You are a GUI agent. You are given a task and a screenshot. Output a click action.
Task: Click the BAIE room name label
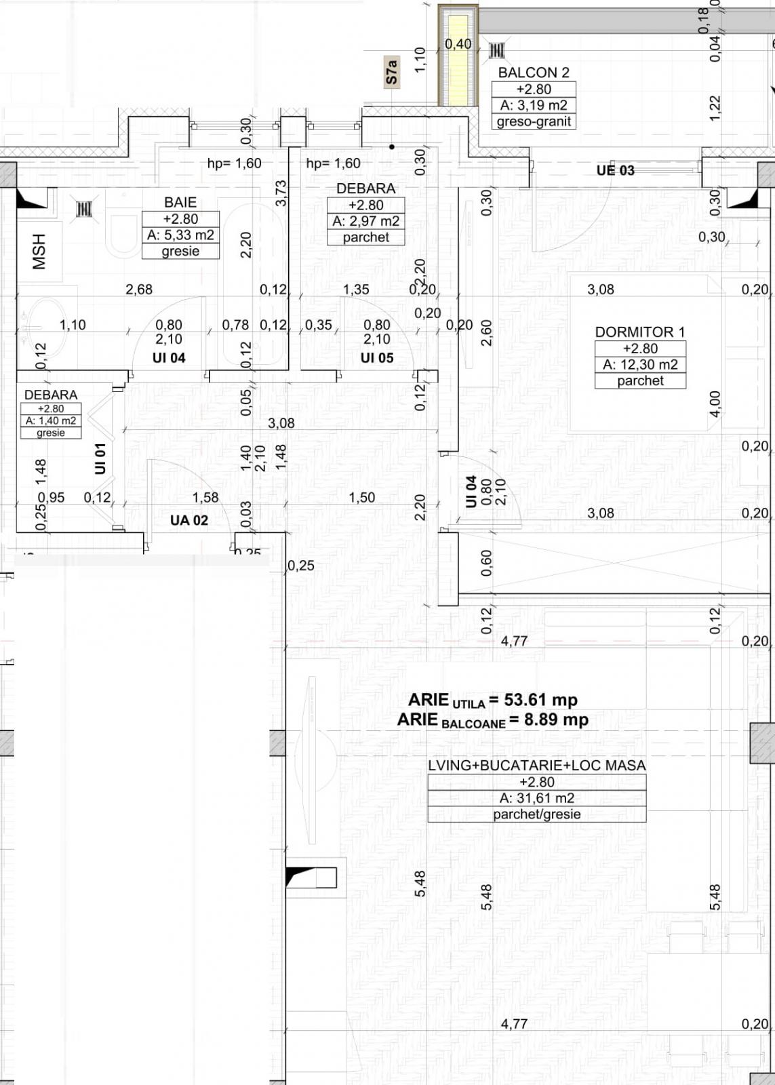coord(180,202)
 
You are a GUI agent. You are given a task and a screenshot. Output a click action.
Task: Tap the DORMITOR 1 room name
coord(640,332)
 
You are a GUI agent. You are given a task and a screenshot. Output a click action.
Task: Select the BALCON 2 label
coord(534,73)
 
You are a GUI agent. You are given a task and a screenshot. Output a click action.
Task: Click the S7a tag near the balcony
coord(391,71)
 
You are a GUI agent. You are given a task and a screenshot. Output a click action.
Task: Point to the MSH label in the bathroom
coord(39,252)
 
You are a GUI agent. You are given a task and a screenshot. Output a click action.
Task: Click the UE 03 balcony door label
coord(615,170)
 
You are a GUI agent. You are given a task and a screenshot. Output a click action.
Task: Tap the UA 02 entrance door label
coord(188,520)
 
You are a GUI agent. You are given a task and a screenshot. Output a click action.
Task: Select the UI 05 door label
coord(376,357)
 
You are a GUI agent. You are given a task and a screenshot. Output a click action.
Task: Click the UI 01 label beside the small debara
coord(100,458)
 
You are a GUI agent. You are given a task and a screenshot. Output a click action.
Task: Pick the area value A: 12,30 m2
coord(640,365)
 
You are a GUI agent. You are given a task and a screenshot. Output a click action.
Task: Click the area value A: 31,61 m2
coord(536,798)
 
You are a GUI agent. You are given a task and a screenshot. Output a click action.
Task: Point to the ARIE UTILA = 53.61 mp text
coord(492,700)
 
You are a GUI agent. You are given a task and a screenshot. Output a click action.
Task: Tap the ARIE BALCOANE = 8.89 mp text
coord(492,720)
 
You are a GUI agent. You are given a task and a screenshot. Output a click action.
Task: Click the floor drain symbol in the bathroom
coord(83,209)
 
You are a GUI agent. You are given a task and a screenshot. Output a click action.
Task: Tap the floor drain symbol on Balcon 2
coord(496,50)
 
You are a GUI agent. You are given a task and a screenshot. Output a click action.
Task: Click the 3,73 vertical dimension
coord(281,193)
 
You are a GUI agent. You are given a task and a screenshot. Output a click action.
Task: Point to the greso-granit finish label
coord(534,122)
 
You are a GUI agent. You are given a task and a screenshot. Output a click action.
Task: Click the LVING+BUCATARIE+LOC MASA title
coord(536,766)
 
